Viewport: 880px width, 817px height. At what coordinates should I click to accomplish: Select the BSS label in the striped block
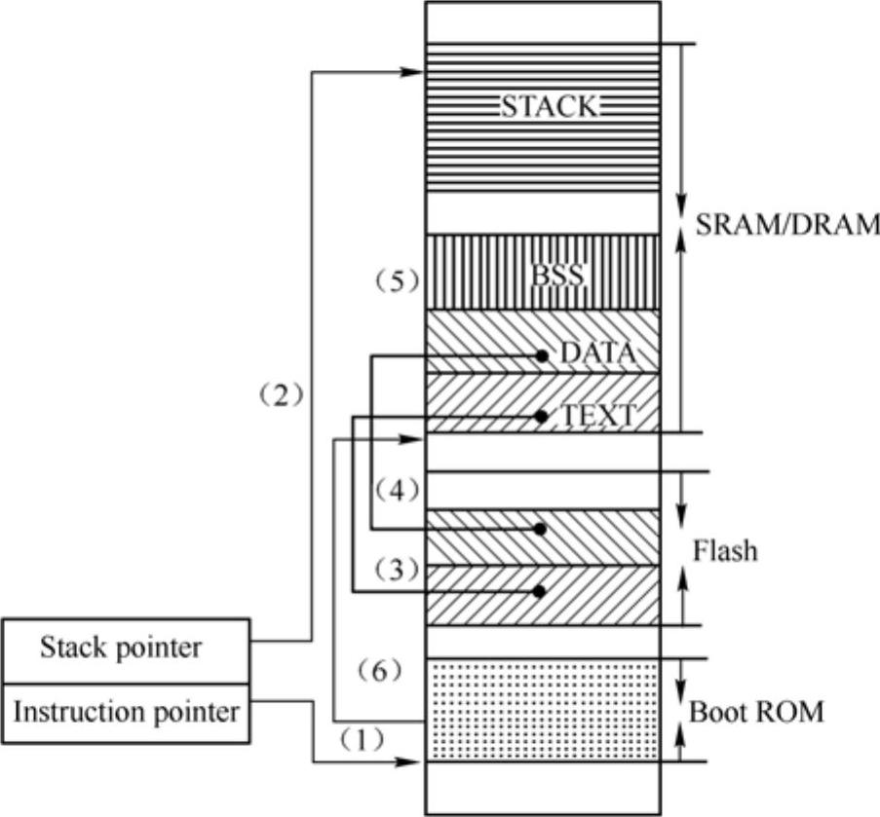pos(557,277)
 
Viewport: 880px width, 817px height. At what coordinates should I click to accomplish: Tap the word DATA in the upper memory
pos(597,353)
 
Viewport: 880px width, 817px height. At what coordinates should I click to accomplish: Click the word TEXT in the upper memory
pos(596,417)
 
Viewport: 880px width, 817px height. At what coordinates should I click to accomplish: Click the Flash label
pos(724,552)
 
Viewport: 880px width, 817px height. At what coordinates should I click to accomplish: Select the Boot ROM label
pos(756,712)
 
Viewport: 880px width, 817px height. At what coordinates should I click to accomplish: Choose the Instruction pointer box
pos(126,712)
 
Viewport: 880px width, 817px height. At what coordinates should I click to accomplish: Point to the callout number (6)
pos(381,670)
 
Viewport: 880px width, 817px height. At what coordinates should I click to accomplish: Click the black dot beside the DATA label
pos(541,355)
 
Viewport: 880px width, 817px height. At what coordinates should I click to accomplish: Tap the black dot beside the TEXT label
pos(541,417)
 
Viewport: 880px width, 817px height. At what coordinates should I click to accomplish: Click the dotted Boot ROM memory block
pos(543,711)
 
